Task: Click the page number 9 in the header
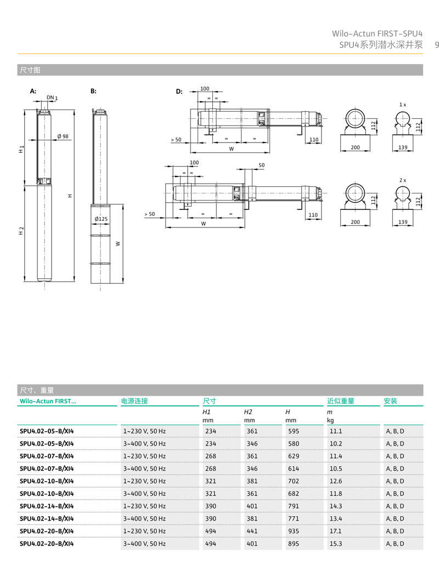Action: click(x=436, y=45)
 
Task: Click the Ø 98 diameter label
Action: click(x=63, y=136)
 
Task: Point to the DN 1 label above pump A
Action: click(x=52, y=98)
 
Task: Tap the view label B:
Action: click(x=93, y=92)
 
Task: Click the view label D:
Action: click(x=179, y=92)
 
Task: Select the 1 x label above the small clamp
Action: click(x=402, y=104)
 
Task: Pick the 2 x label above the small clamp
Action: click(x=402, y=180)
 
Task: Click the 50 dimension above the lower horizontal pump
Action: click(x=262, y=165)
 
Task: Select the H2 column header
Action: click(x=248, y=412)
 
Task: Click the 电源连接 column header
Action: click(x=135, y=401)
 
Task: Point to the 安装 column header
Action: click(x=391, y=401)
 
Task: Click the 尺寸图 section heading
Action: click(x=30, y=70)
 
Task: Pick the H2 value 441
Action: click(x=252, y=531)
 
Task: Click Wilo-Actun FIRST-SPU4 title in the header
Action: click(x=377, y=34)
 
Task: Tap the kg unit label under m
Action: click(x=330, y=420)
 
